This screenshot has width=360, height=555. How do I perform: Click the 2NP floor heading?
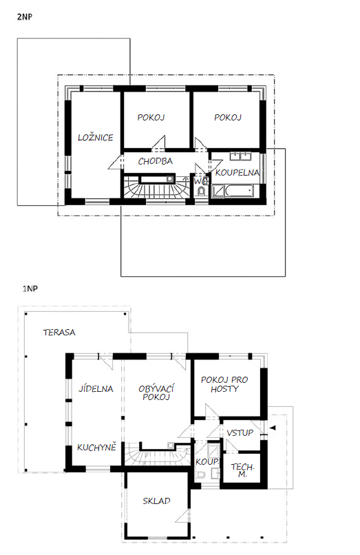point(25,17)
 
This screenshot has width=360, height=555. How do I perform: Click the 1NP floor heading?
point(30,289)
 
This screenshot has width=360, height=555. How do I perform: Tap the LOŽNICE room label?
point(96,137)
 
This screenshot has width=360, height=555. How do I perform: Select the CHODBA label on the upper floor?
point(156,161)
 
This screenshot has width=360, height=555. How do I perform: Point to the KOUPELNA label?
point(237,172)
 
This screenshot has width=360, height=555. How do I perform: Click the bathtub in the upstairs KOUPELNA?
point(240,191)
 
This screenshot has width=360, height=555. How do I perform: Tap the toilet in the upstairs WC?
point(202,191)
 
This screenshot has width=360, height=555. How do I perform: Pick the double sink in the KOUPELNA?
point(241,156)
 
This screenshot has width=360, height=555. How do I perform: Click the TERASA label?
point(59,333)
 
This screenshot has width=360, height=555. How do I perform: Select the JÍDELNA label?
point(96,388)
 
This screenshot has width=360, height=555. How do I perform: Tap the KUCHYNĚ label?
point(96,447)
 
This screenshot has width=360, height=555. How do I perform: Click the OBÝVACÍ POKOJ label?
point(156,392)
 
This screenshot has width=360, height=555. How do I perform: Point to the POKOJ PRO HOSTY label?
point(224,384)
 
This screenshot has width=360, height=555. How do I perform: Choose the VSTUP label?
point(240,432)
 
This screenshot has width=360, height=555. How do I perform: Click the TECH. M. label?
point(242,470)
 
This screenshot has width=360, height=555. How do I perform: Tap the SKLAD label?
point(156,501)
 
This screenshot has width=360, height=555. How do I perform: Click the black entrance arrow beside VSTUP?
point(273,428)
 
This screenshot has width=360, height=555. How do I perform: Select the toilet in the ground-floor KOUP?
point(201,474)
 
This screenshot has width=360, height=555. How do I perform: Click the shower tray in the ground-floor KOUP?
point(213,450)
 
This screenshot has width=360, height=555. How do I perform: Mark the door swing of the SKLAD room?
point(183,516)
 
